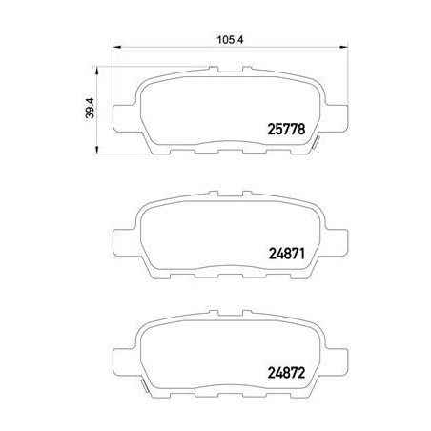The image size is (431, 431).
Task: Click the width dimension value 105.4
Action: click(x=231, y=40)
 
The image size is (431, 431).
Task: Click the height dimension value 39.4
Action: click(x=90, y=109)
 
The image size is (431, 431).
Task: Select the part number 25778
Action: click(x=286, y=129)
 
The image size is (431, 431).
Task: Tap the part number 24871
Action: click(x=287, y=254)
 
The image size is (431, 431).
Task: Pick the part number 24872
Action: click(x=286, y=373)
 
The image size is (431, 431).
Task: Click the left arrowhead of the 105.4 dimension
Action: click(x=117, y=48)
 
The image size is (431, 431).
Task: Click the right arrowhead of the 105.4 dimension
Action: click(x=344, y=48)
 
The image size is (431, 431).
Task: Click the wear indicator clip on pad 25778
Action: click(x=315, y=141)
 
